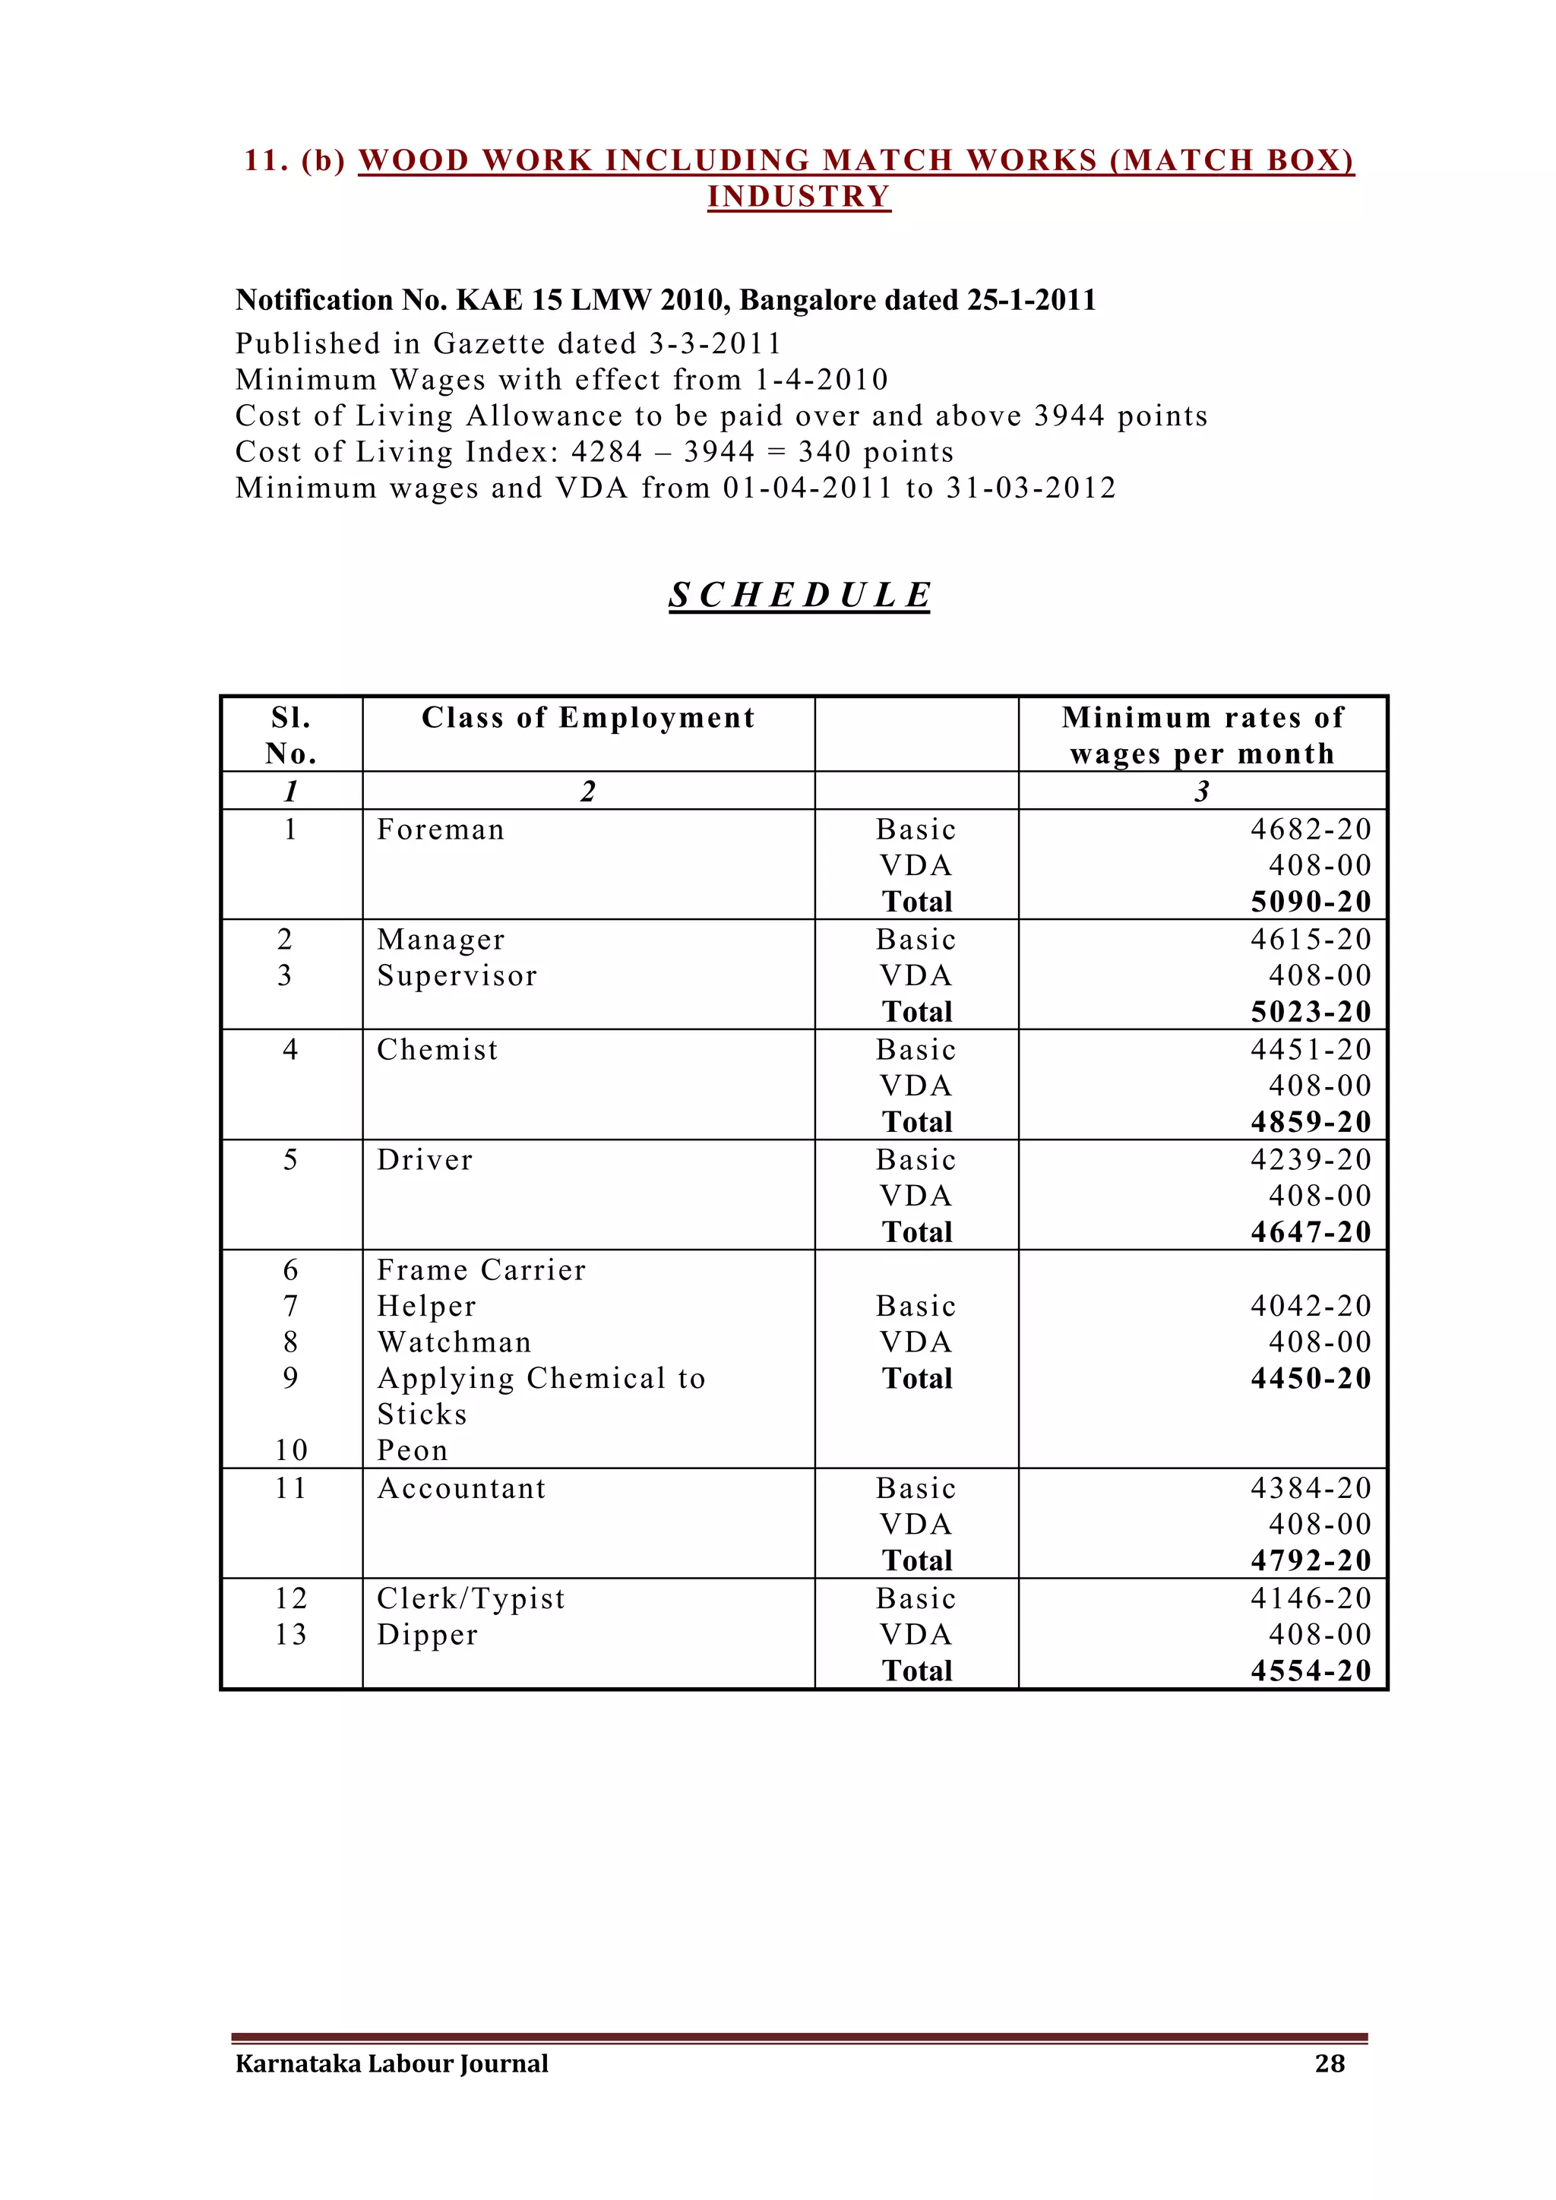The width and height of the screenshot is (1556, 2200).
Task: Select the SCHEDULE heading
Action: coord(799,594)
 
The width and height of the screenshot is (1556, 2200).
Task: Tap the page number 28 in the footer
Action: coord(1330,2063)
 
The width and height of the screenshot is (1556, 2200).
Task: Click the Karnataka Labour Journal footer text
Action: coord(392,2063)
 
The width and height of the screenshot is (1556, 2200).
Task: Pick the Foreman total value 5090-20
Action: coord(1311,902)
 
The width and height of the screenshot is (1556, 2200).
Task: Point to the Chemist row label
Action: coord(438,1049)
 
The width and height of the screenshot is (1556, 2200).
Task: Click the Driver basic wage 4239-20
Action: coord(1311,1159)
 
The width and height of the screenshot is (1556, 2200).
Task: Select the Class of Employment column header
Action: coord(588,718)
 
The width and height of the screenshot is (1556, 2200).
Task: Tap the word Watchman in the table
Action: coord(454,1342)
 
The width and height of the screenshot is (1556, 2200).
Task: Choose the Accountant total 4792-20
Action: coord(1311,1560)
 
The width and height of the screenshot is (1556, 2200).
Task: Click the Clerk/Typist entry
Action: coord(471,1598)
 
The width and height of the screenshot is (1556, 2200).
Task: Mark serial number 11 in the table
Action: coord(290,1488)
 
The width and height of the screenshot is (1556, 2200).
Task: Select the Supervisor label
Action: coord(457,975)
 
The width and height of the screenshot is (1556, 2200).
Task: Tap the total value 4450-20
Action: coord(1311,1378)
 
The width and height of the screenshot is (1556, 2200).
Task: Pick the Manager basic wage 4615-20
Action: coord(1311,939)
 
